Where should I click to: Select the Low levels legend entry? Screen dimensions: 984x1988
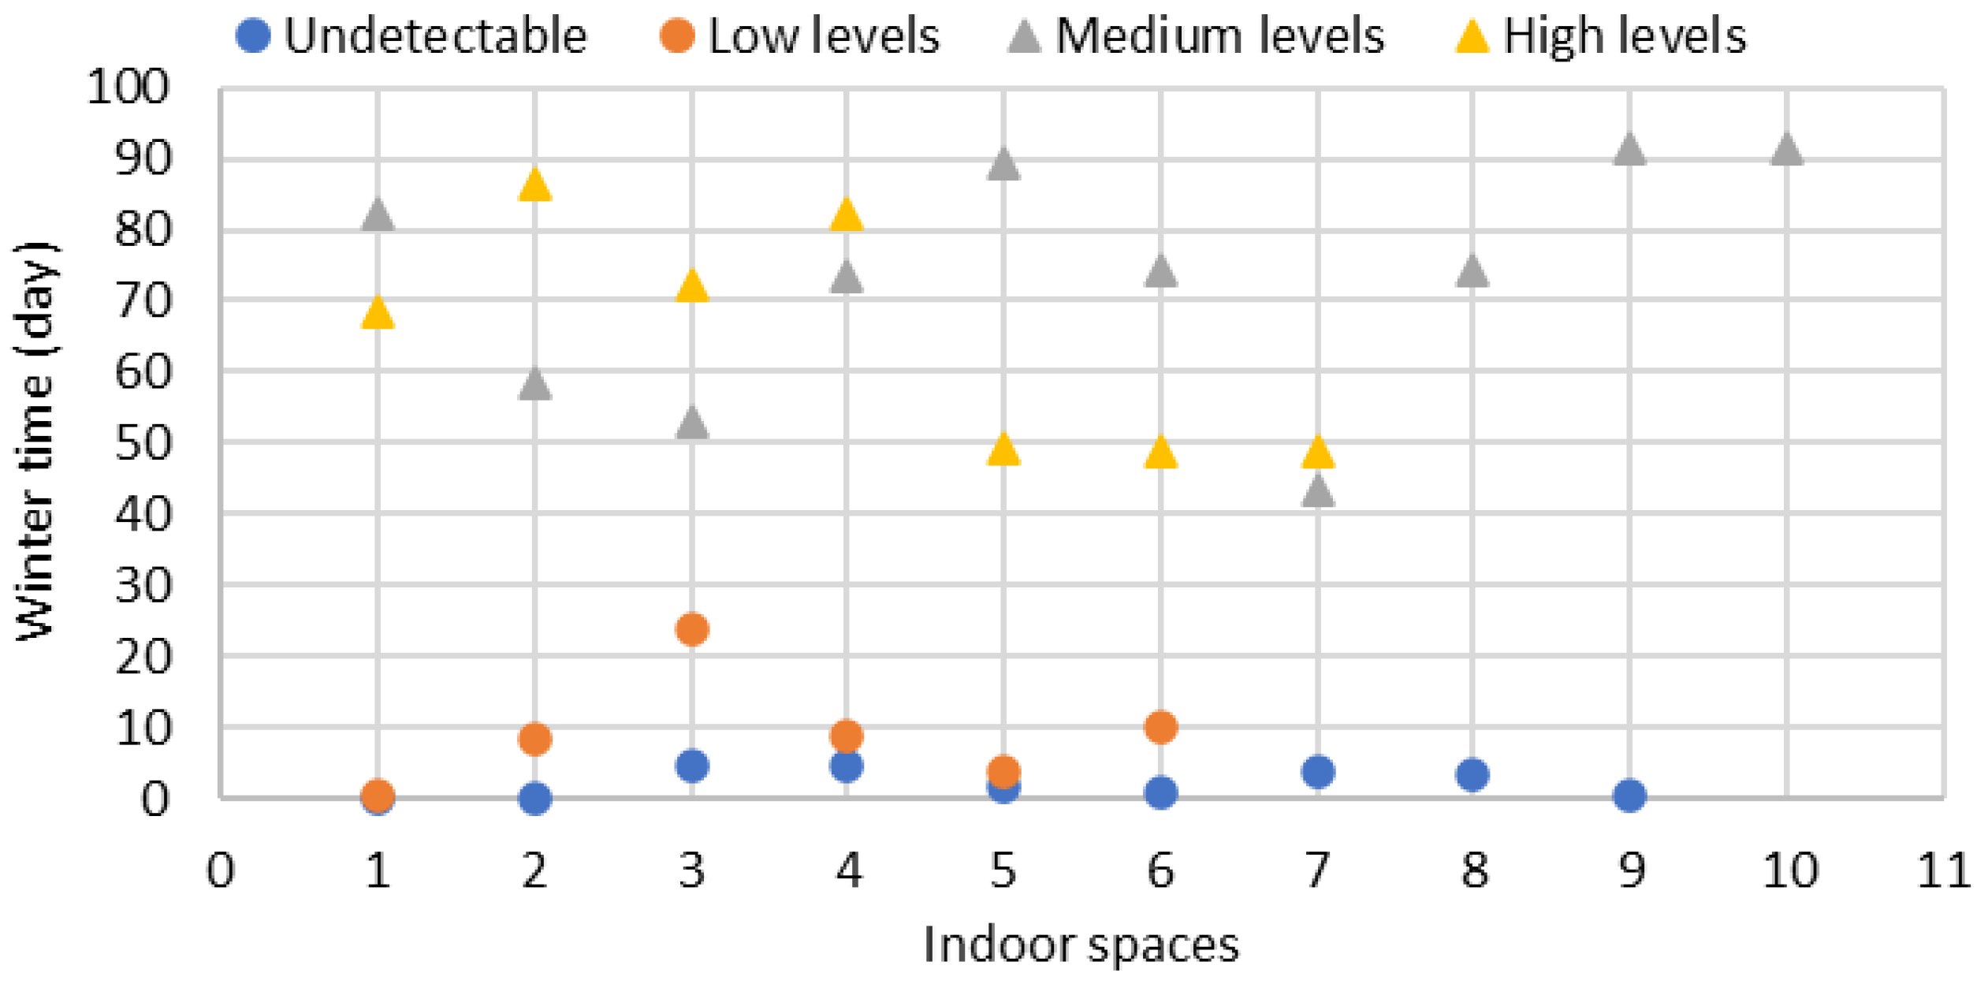800,36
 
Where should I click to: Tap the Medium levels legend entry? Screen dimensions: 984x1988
1195,36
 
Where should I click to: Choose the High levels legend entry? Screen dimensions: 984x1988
1600,36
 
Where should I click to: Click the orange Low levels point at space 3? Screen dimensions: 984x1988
691,629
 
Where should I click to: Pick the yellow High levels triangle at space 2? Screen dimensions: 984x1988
534,186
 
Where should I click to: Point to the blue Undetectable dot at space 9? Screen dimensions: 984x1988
1629,795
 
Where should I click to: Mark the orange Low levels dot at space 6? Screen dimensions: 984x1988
1160,726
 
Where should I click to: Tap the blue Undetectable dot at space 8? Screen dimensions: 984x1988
1472,775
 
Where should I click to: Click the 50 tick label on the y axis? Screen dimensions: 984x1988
143,443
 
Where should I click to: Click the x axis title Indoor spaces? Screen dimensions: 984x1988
1081,945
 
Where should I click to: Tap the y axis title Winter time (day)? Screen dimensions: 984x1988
35,442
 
